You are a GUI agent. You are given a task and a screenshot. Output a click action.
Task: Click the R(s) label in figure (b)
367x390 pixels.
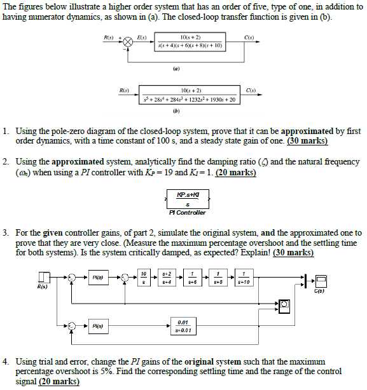pyautogui.click(x=118, y=90)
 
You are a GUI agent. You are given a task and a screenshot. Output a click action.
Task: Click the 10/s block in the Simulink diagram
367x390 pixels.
pyautogui.click(x=144, y=278)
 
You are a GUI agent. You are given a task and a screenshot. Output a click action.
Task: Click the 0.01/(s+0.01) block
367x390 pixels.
pyautogui.click(x=184, y=326)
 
